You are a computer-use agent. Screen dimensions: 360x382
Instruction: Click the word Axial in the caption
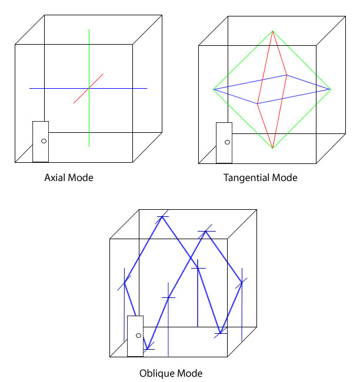coord(55,177)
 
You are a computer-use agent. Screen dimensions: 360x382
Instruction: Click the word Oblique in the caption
coord(157,373)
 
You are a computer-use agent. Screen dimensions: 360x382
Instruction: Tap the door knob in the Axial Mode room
coord(44,141)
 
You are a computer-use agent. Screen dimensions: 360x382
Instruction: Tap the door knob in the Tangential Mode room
coord(227,142)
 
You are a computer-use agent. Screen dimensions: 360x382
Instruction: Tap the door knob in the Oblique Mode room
coord(139,336)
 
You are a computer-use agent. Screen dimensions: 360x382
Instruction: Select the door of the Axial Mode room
coord(41,142)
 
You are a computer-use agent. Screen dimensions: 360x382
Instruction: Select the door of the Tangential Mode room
coord(224,143)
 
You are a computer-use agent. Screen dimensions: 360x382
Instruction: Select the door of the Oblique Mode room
coord(135,336)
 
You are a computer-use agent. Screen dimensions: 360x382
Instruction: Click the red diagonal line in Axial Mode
coord(89,88)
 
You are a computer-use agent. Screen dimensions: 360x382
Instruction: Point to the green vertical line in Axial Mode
coord(89,88)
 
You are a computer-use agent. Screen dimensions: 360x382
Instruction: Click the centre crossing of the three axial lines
coord(89,88)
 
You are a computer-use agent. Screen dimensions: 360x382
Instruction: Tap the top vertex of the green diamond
coord(273,31)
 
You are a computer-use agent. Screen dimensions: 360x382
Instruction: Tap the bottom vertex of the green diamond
coord(273,148)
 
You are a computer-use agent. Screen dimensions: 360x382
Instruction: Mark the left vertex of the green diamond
coord(214,89)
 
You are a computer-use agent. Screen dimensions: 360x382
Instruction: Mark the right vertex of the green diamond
coord(331,89)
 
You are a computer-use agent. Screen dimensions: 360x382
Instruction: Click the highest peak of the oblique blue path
coord(162,217)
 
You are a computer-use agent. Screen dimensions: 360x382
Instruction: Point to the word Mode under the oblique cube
coord(190,373)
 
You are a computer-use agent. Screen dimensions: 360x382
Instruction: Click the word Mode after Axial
coord(81,177)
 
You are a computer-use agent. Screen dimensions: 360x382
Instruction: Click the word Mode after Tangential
coord(285,178)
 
